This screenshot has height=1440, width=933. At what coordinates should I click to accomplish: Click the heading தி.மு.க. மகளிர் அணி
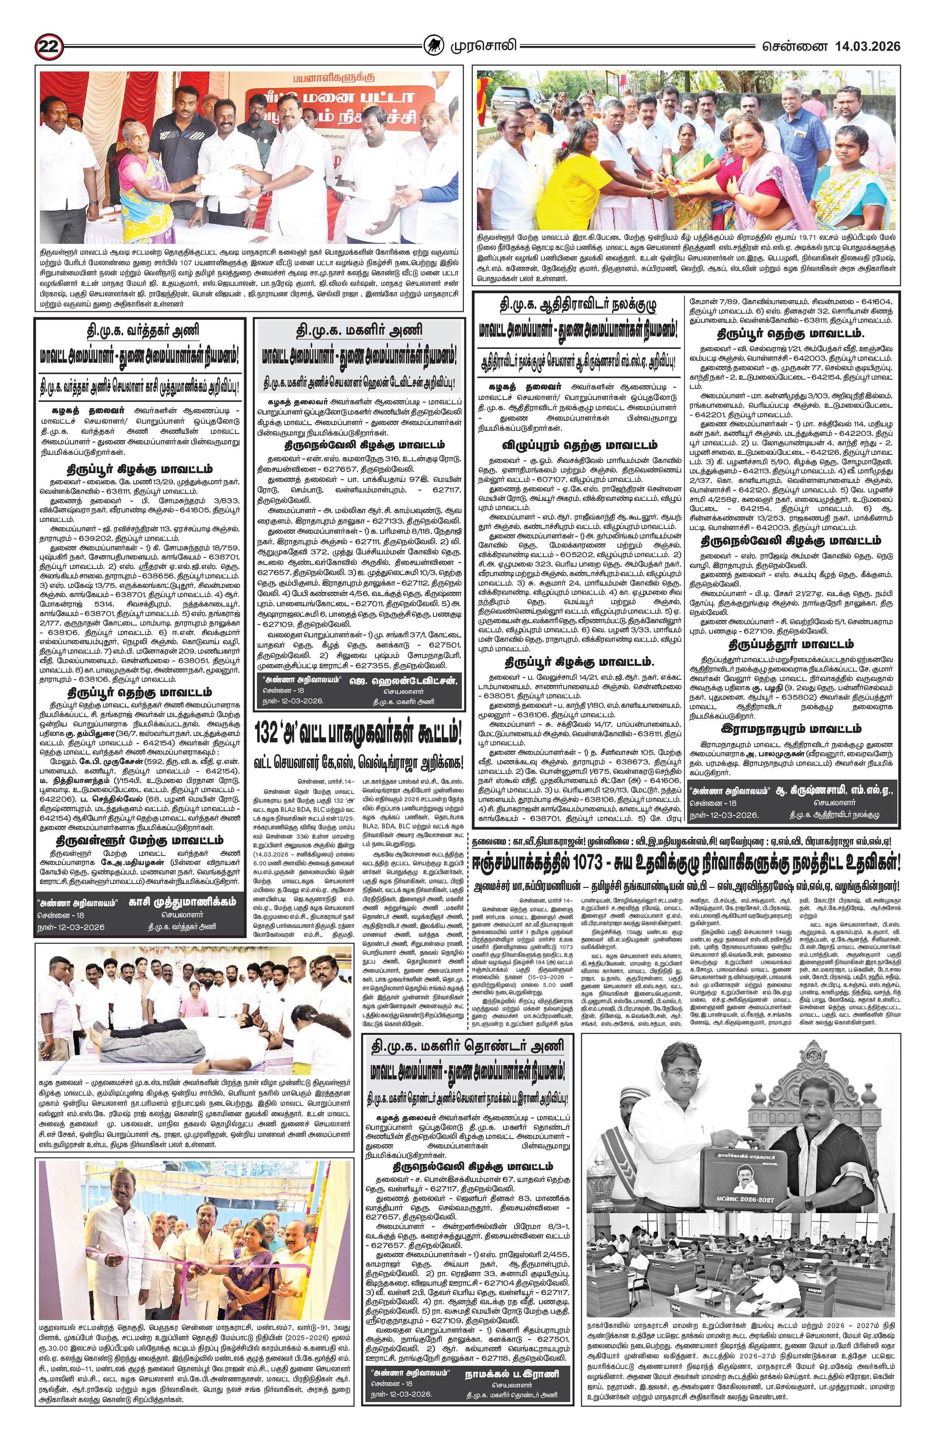click(x=359, y=331)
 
